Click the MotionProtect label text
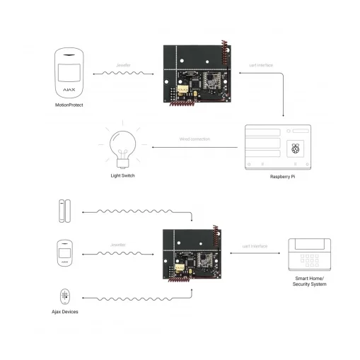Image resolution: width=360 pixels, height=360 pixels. [69, 105]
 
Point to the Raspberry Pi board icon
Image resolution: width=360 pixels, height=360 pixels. [277, 146]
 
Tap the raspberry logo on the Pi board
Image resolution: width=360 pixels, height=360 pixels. [296, 149]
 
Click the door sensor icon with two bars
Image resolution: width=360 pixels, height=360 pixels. [65, 211]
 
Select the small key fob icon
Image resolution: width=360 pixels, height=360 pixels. [65, 296]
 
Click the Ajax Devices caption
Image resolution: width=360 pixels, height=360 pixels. [65, 311]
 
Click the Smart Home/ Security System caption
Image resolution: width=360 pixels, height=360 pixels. [310, 282]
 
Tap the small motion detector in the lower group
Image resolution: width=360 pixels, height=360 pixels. [65, 253]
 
